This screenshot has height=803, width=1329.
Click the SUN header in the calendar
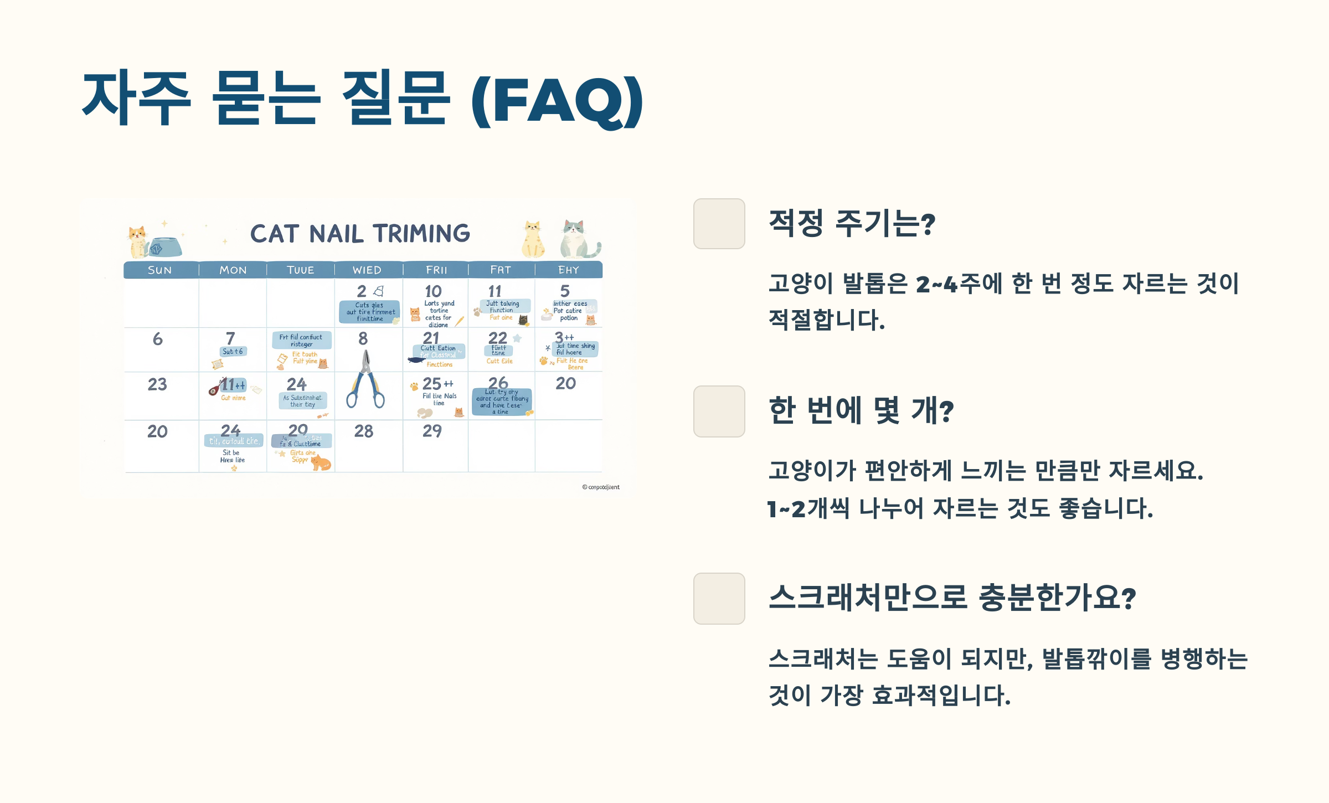coord(159,270)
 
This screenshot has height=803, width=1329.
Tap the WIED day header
coord(367,270)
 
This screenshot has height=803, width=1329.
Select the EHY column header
coord(568,270)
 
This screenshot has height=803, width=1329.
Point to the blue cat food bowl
coord(165,247)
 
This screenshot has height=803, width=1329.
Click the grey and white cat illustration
coord(578,239)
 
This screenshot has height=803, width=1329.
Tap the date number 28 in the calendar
coord(364,431)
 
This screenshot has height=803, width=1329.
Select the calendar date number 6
coord(158,339)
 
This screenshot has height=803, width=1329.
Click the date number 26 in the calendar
coord(498,383)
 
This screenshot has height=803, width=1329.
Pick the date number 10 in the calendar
coord(433,291)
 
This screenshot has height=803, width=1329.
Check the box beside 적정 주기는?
coord(719,224)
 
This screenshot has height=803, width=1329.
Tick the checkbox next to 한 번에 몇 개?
coord(719,411)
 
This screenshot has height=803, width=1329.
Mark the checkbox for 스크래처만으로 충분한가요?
coord(719,599)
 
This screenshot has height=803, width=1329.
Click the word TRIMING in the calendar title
coord(421,234)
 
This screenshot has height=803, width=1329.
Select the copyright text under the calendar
coord(601,487)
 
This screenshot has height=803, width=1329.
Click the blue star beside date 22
coord(517,338)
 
